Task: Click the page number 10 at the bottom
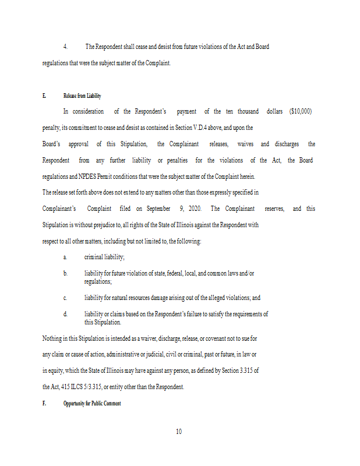179,432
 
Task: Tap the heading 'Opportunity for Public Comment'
92,403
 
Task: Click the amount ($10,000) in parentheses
301,111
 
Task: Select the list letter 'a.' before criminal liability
65,257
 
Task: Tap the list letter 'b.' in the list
65,273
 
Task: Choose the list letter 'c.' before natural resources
65,298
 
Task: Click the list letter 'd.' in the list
65,314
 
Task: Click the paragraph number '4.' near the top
65,47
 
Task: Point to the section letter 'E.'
44,96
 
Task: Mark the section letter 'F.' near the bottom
44,403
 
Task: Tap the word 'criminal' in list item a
94,257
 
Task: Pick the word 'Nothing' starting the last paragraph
52,338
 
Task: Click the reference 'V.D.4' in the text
225,128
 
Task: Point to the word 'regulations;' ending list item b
98,281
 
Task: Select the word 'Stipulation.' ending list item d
103,322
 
